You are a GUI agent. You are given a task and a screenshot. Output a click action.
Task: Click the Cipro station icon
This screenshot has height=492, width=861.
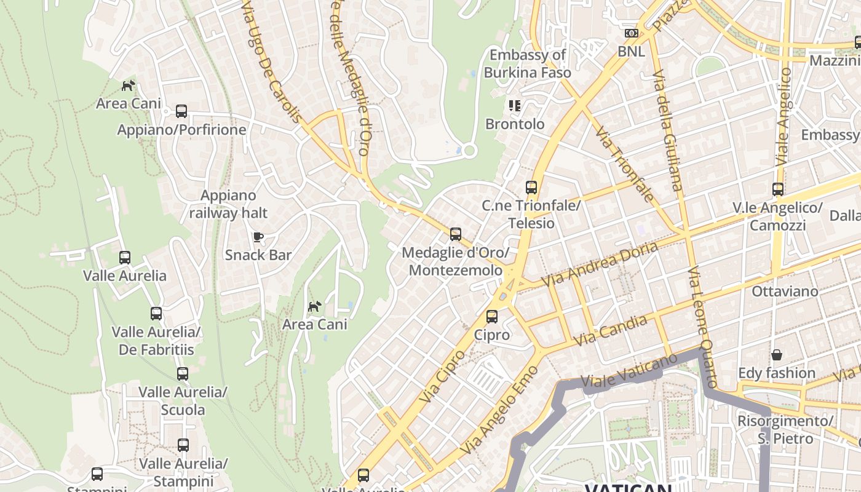[x=492, y=317]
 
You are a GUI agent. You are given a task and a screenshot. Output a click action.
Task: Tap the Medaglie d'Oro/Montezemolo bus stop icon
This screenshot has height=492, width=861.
[x=456, y=234]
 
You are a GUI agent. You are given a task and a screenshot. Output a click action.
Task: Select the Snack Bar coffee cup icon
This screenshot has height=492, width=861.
[x=258, y=237]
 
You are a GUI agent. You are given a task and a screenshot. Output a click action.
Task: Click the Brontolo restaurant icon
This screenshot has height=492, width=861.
[x=515, y=106]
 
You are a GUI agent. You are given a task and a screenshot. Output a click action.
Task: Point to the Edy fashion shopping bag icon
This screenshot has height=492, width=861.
[x=777, y=355]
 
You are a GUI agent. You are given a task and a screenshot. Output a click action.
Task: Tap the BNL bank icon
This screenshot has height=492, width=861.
[x=631, y=33]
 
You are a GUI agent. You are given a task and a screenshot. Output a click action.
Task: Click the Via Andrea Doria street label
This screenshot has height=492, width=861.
[x=600, y=264]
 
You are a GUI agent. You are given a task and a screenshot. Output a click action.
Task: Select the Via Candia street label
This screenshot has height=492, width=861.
[x=610, y=330]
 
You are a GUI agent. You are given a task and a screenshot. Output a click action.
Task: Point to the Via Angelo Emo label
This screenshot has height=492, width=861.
[x=500, y=410]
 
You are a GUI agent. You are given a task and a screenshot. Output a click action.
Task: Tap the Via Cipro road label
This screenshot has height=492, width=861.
[x=442, y=376]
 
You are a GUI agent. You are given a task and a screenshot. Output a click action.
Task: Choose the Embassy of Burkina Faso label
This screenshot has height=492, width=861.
[x=527, y=63]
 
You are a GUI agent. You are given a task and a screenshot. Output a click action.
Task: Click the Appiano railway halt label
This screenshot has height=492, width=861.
[x=228, y=204]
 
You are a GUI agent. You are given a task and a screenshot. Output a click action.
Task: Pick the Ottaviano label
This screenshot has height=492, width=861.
[x=785, y=291]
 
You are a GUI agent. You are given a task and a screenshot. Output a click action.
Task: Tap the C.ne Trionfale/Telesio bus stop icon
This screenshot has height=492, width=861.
[x=531, y=188]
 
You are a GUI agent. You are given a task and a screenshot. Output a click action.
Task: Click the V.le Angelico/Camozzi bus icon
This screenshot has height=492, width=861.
[x=778, y=189]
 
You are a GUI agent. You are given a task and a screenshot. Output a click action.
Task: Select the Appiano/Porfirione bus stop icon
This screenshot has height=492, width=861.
[x=181, y=111]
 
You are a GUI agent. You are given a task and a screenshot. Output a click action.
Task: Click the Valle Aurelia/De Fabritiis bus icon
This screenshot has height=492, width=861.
[x=156, y=314]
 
